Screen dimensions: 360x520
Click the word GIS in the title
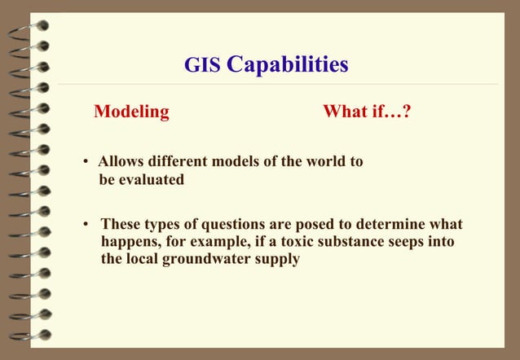(201, 64)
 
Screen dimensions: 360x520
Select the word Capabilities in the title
(287, 64)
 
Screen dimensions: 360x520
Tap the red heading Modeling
(131, 112)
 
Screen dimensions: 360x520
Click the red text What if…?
(366, 112)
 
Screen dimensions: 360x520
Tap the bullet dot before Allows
(86, 162)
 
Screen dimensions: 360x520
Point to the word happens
(129, 242)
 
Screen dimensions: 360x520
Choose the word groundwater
(216, 260)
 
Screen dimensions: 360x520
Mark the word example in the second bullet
(227, 242)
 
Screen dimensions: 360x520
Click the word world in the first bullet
(322, 161)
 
